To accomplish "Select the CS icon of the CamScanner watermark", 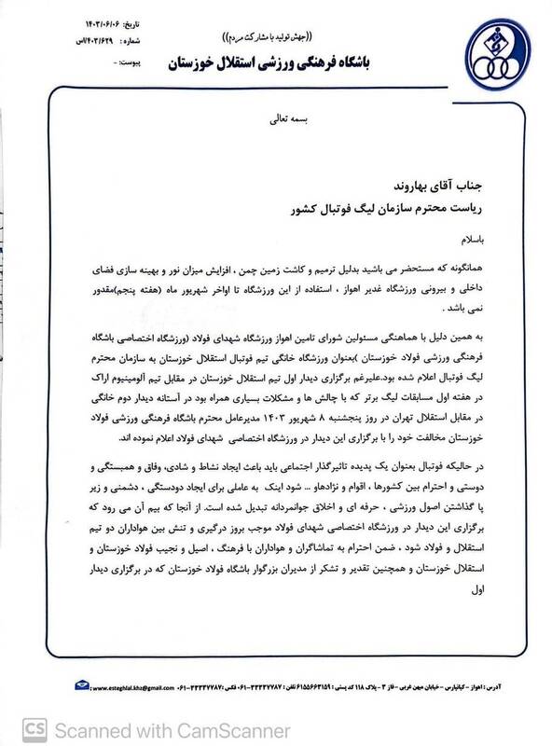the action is click(x=19, y=725).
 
